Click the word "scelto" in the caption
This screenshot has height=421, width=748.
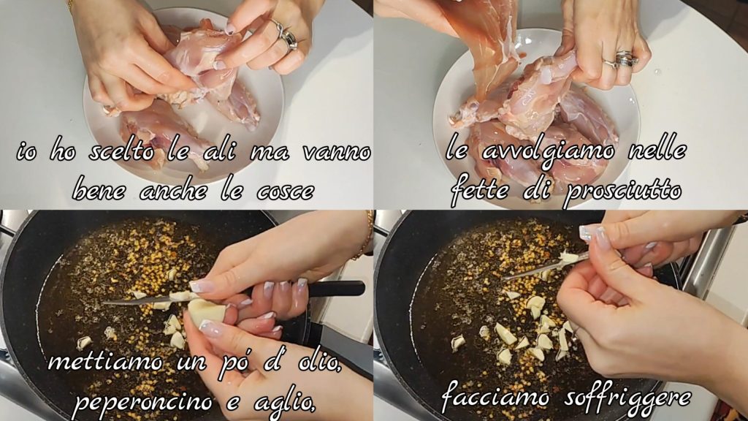121,152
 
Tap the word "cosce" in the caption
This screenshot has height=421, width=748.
285,191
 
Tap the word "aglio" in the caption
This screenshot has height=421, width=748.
283,401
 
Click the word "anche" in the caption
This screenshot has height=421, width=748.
174,191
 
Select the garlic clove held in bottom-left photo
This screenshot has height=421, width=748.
207,311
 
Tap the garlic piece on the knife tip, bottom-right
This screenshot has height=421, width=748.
568,257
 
